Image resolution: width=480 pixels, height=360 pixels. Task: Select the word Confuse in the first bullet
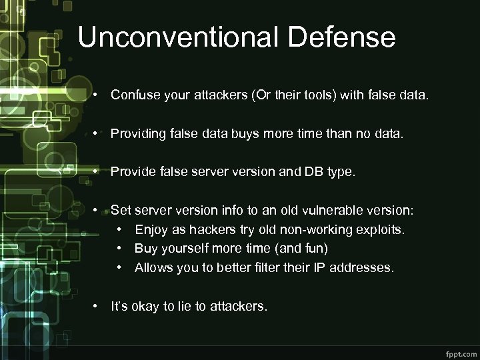[133, 95]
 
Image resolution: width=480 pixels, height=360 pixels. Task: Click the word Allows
[152, 268]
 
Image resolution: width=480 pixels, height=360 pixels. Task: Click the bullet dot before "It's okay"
[97, 307]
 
